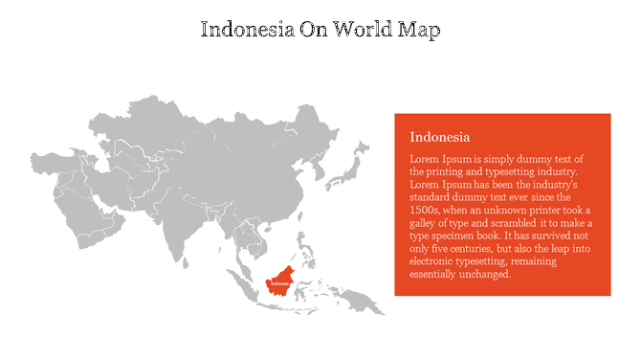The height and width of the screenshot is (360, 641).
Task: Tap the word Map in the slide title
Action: point(420,30)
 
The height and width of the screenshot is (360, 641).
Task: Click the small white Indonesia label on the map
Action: point(279,283)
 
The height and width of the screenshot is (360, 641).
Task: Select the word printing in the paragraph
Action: point(463,170)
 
